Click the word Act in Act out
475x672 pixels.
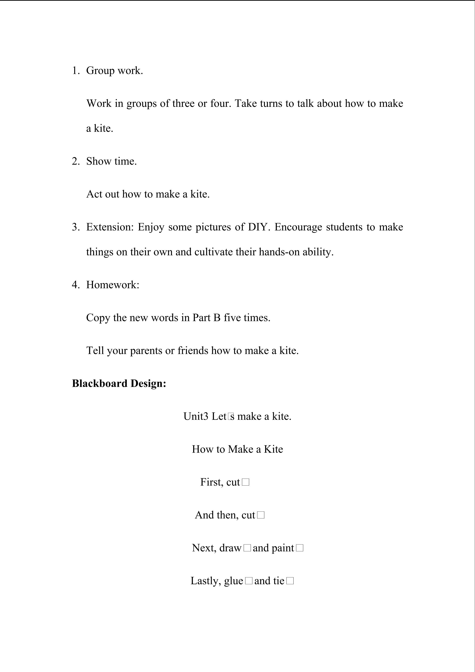(x=94, y=194)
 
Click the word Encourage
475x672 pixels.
(x=298, y=227)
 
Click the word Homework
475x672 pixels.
(x=112, y=285)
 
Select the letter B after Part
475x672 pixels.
(x=217, y=318)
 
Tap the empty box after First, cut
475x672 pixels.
(x=246, y=482)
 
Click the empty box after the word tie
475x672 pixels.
(x=290, y=581)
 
